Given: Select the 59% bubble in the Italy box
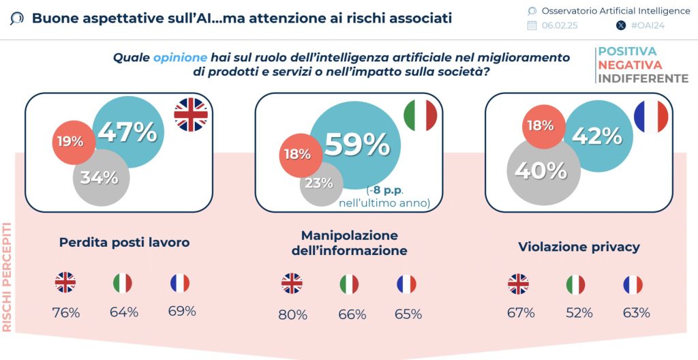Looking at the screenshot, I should click(356, 144).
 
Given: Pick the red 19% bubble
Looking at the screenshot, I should click(70, 142).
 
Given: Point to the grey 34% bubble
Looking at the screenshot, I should click(100, 177).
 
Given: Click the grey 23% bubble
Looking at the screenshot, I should click(319, 183).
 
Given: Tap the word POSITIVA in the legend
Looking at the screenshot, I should click(627, 52).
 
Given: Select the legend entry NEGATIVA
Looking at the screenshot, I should click(630, 65).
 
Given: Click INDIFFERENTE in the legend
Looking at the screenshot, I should click(643, 78).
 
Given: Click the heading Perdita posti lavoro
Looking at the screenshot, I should click(124, 242).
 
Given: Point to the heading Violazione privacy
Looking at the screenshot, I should click(579, 246).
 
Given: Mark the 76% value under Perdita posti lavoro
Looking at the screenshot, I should click(66, 313).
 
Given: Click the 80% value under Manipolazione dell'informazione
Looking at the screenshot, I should click(292, 314).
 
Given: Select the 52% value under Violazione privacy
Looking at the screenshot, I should click(579, 313).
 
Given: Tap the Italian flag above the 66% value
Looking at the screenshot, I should click(349, 284).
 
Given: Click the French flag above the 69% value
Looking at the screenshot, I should click(180, 283).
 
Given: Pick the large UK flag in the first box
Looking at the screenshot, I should click(191, 114).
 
